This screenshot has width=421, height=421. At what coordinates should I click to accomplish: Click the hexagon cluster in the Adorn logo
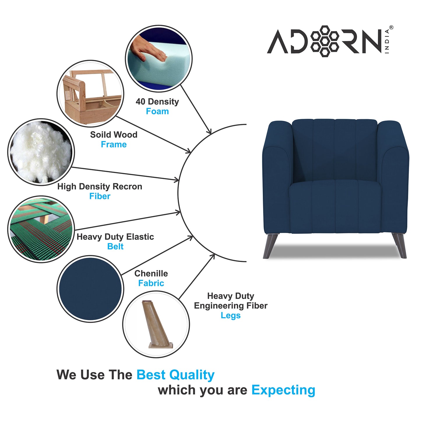325,41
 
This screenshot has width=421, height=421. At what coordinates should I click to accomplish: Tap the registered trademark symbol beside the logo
391,28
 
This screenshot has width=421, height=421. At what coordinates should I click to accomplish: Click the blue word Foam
157,111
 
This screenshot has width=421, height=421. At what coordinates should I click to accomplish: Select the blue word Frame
114,144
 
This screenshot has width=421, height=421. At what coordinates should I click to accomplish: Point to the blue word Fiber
100,196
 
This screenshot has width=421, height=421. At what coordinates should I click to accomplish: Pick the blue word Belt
115,246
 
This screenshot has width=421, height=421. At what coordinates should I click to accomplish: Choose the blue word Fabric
151,283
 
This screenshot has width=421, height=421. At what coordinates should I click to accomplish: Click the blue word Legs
230,315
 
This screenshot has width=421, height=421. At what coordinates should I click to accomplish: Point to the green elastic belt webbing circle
41,230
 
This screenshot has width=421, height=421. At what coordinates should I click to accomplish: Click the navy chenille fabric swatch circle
90,289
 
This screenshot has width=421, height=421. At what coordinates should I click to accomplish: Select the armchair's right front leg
400,245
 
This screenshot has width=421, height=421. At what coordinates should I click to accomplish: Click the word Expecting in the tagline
283,390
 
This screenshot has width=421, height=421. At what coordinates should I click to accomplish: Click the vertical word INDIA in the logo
387,41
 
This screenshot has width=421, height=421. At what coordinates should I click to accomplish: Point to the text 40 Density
157,102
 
